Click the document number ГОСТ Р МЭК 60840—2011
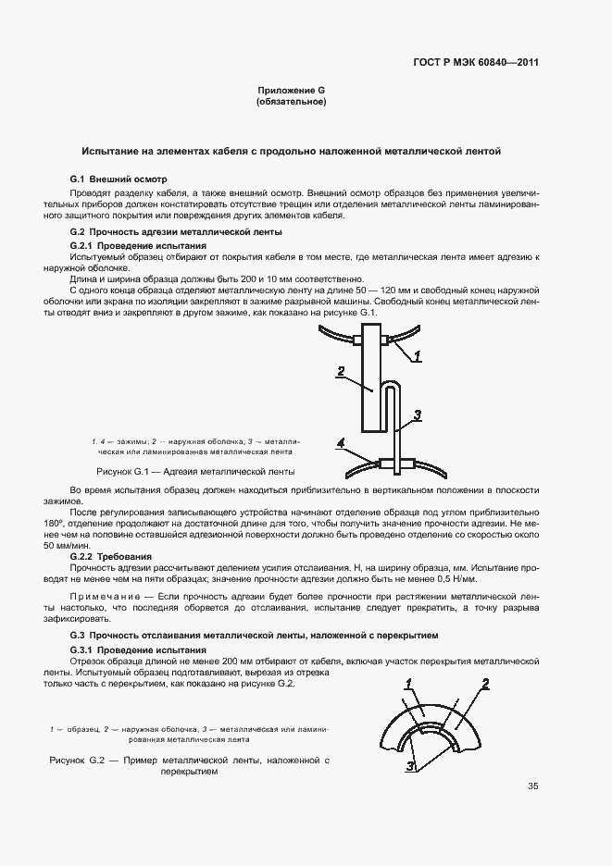[x=477, y=63]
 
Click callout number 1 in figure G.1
[x=417, y=355]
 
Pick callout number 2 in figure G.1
[x=341, y=371]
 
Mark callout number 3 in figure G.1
[x=418, y=414]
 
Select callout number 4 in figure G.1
[x=341, y=445]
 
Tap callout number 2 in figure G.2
[x=483, y=686]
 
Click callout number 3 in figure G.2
[x=410, y=765]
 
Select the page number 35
[x=532, y=786]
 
